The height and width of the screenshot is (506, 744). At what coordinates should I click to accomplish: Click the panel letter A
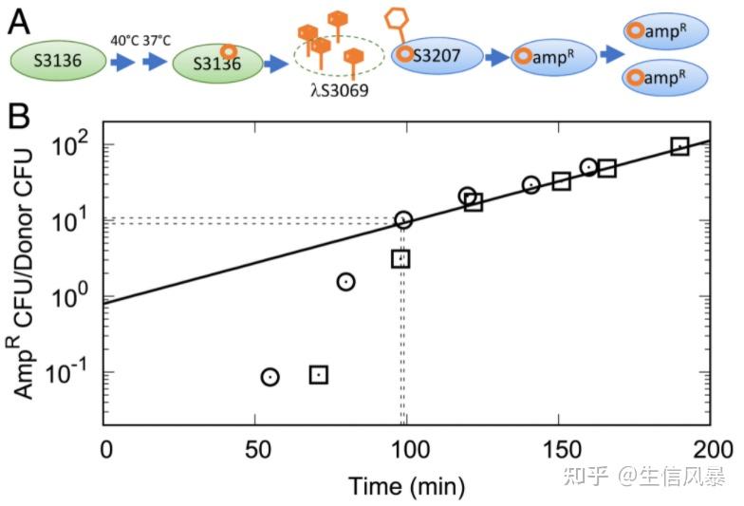tap(18, 20)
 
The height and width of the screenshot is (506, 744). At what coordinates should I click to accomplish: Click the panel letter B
tap(18, 117)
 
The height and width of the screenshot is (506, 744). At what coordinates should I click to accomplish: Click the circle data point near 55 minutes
tap(270, 377)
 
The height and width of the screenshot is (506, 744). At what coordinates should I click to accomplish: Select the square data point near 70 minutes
tap(319, 375)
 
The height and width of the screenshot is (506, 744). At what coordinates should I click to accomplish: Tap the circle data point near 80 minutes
tap(346, 281)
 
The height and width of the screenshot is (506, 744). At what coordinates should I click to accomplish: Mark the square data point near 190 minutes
tap(679, 146)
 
